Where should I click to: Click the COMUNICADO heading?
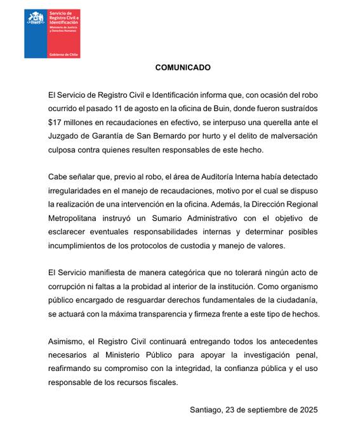click(182, 67)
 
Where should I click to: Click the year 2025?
click(316, 410)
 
